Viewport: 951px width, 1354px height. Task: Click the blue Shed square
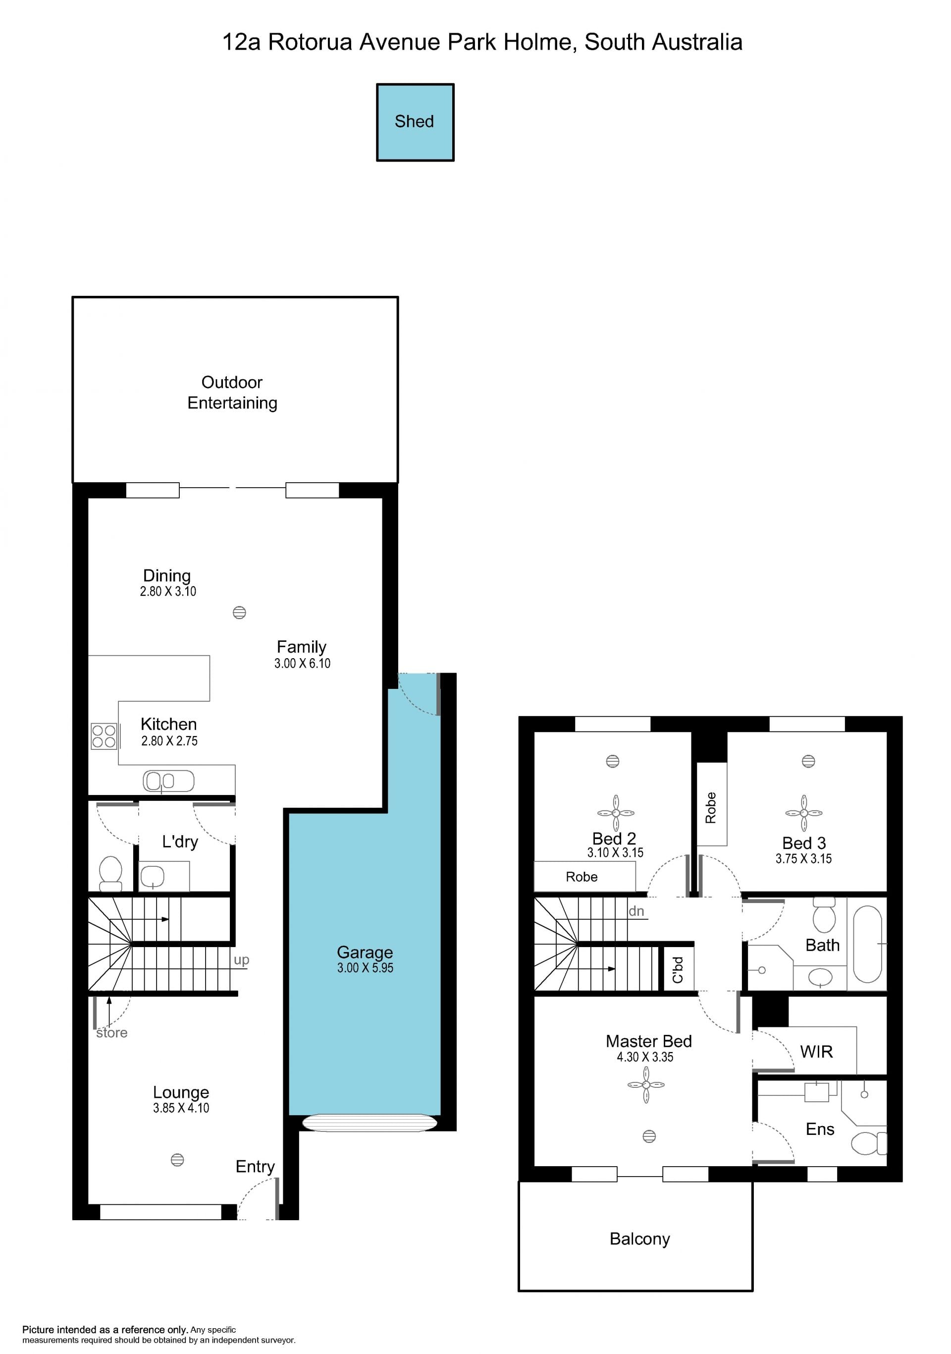coord(415,122)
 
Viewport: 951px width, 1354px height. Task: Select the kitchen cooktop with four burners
coord(104,736)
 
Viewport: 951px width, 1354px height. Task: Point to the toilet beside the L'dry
coord(111,873)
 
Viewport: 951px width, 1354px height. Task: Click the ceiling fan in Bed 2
coord(616,813)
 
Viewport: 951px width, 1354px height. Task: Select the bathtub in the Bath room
coord(867,944)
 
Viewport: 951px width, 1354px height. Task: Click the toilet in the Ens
coord(868,1143)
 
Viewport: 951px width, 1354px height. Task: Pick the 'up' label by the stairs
coord(241,960)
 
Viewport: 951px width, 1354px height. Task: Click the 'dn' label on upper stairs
coord(636,911)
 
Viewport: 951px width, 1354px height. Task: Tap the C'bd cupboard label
coord(678,969)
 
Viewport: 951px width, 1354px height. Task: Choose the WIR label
coord(816,1052)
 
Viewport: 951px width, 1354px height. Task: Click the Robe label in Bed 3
coord(711,808)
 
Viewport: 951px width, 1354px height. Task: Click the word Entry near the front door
coord(255,1167)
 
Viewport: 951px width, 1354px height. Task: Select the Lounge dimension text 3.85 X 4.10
coord(181,1108)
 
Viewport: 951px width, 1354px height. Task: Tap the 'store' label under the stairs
coord(112,1033)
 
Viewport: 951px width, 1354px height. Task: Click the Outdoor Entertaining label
coord(232,393)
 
